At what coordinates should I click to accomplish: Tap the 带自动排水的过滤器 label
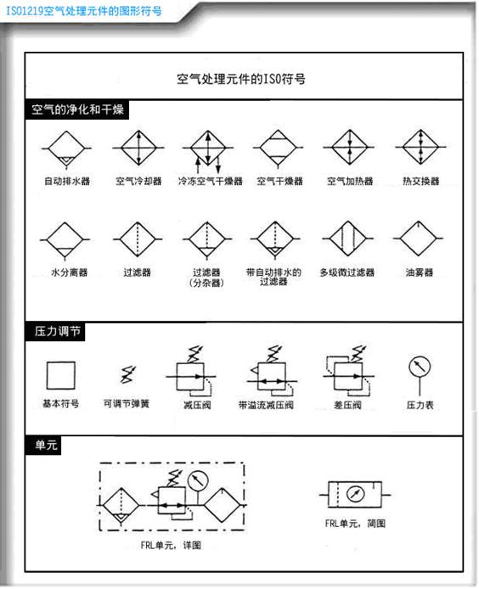click(273, 277)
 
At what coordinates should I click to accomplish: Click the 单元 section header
click(46, 445)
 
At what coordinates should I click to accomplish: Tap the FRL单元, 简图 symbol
click(355, 494)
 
